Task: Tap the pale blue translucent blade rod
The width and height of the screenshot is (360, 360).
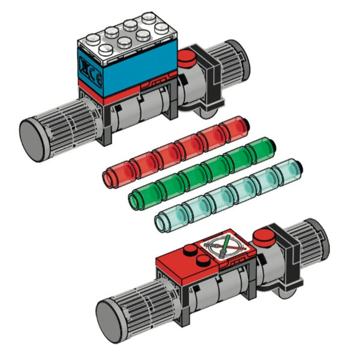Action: tap(228, 198)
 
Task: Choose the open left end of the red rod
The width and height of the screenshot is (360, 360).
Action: tap(111, 177)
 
